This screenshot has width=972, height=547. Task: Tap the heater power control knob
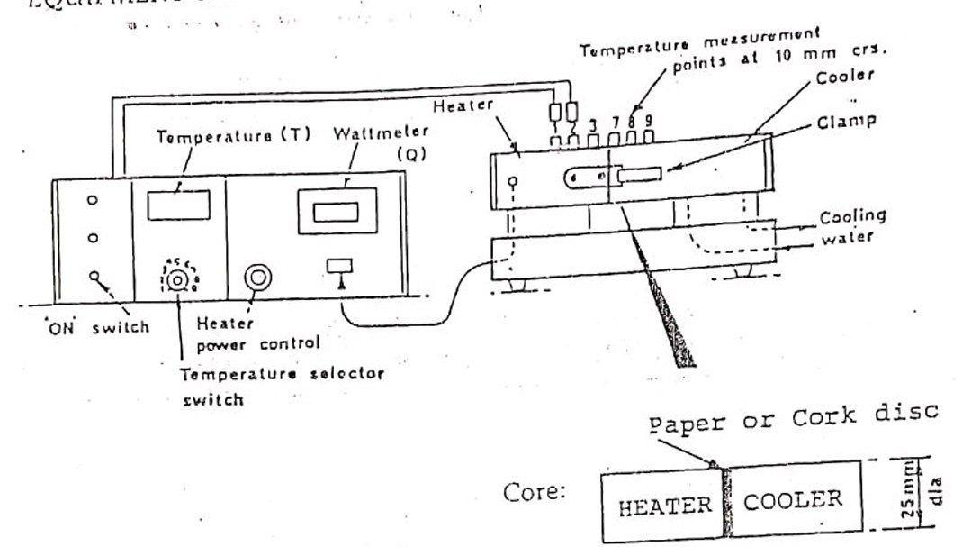pos(258,278)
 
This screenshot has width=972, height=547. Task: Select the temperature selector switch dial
pos(179,280)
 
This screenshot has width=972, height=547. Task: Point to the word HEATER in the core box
pos(663,506)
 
